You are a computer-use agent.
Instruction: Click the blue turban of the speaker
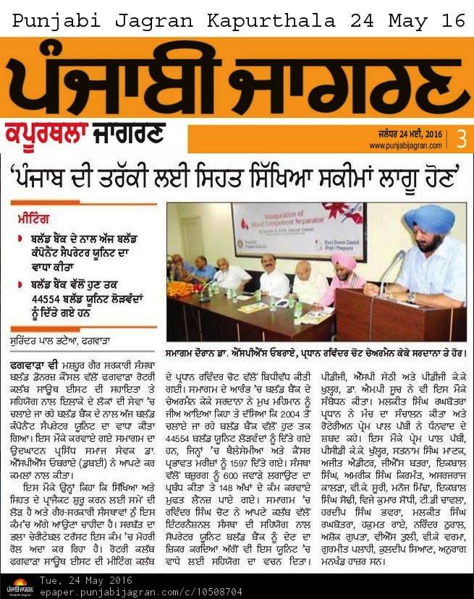pos(429,218)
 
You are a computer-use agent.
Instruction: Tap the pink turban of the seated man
pos(344,261)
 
